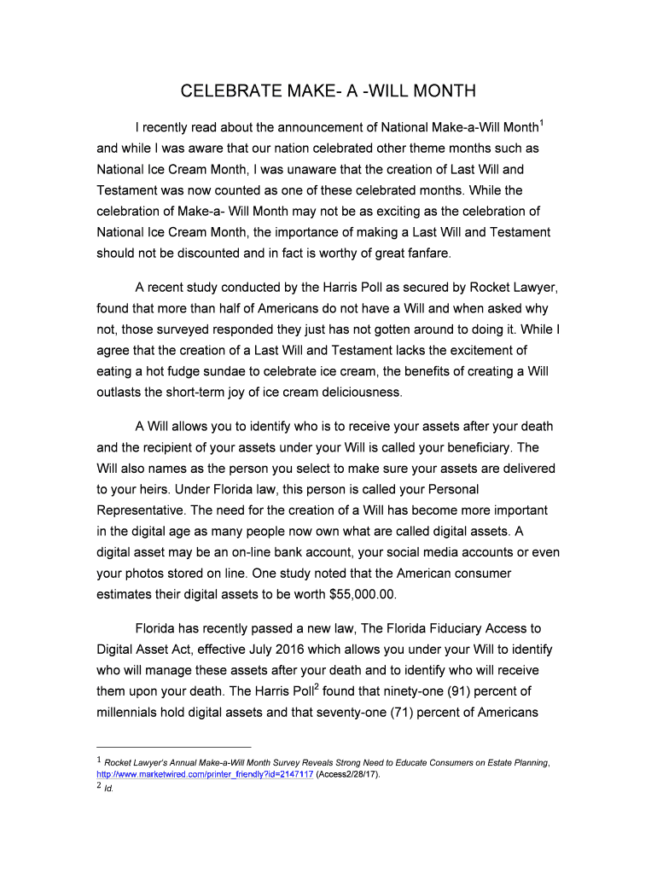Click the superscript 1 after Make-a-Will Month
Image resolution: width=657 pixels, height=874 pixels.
(x=542, y=124)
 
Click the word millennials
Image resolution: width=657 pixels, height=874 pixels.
(x=135, y=712)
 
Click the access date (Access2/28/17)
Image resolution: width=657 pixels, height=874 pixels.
(x=348, y=774)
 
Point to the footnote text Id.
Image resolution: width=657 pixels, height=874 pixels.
(x=108, y=789)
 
